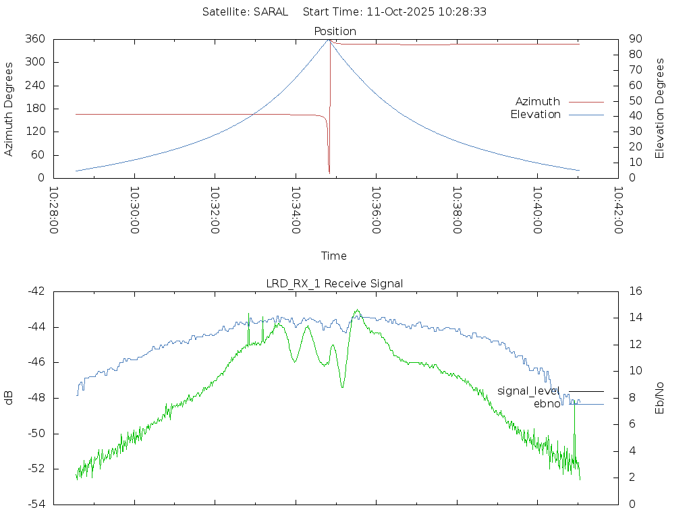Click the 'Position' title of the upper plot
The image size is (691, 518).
tap(335, 31)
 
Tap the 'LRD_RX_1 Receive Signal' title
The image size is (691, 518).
tap(335, 283)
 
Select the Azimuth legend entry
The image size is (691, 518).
tap(538, 101)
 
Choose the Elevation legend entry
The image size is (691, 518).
tap(535, 114)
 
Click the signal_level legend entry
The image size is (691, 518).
tap(528, 391)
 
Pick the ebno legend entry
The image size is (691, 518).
tap(547, 404)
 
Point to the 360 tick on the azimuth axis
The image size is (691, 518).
tap(35, 39)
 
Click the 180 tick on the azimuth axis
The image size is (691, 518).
tap(35, 109)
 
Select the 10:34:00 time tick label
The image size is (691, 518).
tap(296, 210)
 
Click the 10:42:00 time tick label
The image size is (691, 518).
tap(618, 210)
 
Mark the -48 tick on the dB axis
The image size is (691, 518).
tap(35, 398)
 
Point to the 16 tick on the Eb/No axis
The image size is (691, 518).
tap(635, 291)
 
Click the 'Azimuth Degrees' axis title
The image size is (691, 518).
tap(9, 109)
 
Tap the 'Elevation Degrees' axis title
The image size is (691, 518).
tap(660, 109)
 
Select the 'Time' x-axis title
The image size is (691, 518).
tap(334, 256)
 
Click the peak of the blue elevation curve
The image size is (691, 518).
tap(329, 40)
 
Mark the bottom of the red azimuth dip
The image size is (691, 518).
tap(329, 173)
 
